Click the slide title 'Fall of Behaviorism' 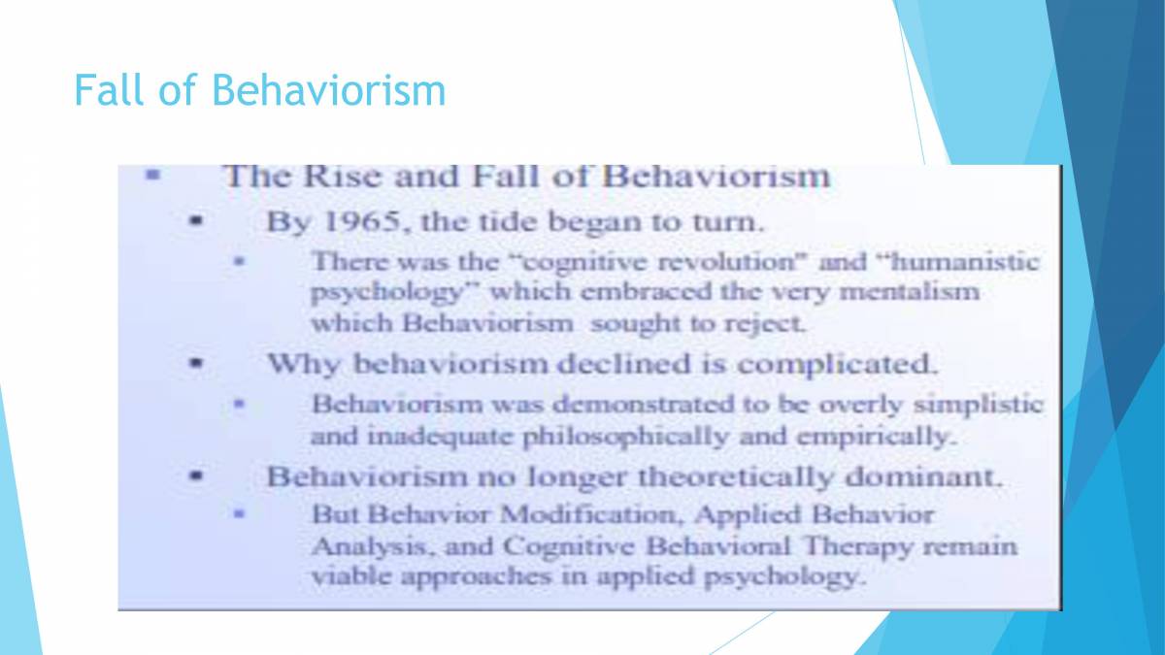[259, 91]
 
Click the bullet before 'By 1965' [196, 221]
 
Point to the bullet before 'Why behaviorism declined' [196, 366]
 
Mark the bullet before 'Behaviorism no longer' [196, 477]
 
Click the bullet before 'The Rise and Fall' [151, 177]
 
